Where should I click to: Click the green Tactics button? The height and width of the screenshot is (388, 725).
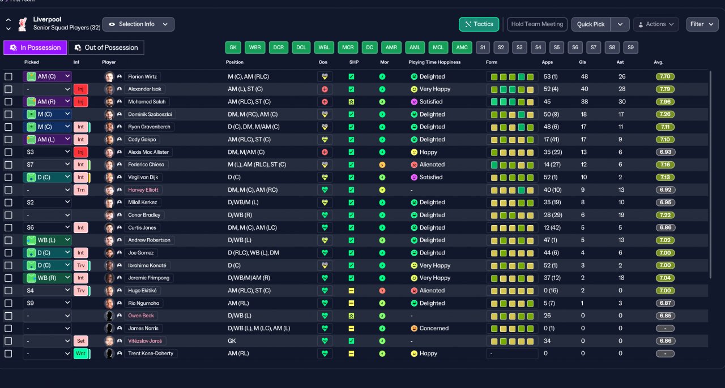479,24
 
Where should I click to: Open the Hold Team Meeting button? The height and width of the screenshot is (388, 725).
537,24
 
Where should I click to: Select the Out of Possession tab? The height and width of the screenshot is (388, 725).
106,48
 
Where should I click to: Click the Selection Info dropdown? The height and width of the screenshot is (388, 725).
138,24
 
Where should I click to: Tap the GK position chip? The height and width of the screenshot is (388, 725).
233,48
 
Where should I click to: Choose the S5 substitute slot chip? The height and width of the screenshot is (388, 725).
556,48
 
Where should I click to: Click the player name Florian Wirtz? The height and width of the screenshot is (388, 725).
142,76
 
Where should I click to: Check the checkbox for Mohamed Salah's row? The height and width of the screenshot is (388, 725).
8,102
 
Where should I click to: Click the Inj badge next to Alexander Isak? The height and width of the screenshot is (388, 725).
80,89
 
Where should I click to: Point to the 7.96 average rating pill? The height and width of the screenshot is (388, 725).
665,102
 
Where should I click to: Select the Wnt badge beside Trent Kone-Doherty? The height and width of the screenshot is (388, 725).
80,353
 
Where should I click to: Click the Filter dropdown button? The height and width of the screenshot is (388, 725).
702,24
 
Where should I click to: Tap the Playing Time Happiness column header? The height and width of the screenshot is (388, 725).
434,62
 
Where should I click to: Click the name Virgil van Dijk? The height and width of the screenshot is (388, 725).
143,177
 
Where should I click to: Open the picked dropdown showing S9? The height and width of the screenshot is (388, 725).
47,303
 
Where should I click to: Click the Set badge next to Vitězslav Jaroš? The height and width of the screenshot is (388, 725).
80,341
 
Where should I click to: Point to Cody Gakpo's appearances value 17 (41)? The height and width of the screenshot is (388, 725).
552,140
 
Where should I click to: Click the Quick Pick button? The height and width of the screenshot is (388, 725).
591,24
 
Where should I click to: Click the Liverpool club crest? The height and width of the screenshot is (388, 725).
22,24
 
